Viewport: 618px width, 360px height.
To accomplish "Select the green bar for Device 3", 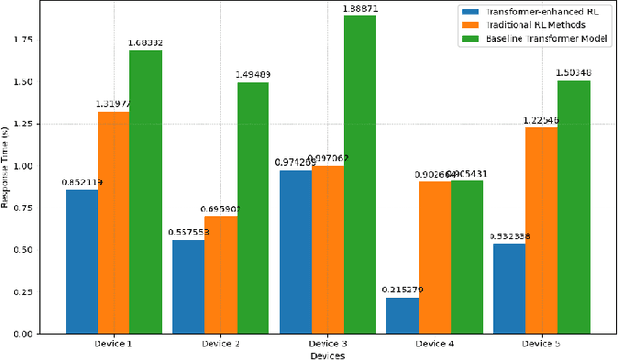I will click(358, 175).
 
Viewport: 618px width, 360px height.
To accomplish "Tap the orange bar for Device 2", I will click(220, 275).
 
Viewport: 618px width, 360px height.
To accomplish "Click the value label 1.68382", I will click(147, 42).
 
